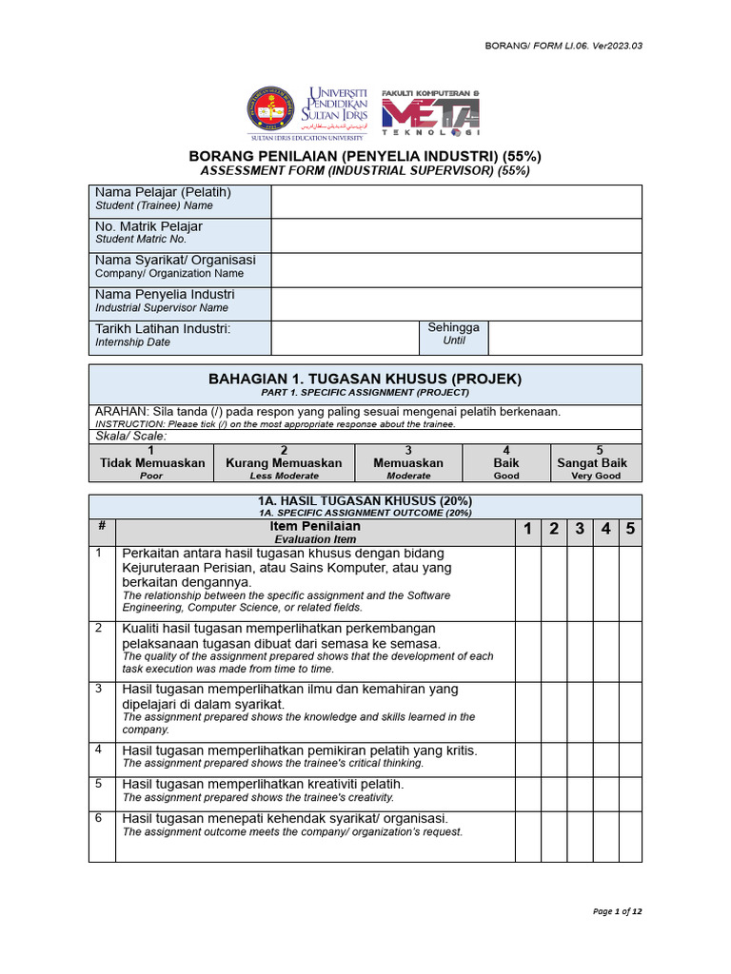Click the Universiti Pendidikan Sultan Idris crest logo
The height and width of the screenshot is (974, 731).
[x=272, y=110]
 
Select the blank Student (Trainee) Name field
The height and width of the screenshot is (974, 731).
[x=456, y=202]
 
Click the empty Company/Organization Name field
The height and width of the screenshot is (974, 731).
[x=456, y=270]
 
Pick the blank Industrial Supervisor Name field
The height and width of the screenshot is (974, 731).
[x=456, y=304]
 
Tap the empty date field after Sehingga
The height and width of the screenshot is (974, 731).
[x=564, y=338]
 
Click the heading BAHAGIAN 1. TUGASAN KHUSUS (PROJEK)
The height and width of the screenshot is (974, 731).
[x=365, y=379]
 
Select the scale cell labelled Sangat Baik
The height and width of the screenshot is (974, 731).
[x=592, y=463]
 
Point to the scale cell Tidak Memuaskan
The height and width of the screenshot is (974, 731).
[x=152, y=463]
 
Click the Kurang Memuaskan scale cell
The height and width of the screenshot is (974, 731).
[x=284, y=463]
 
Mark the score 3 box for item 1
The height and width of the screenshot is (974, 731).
[x=579, y=583]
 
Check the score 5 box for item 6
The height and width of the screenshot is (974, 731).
[x=629, y=835]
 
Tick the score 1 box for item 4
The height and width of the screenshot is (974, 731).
[x=527, y=757]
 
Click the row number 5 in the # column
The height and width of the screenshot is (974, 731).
[x=99, y=785]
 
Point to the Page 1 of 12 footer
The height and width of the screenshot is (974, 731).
[x=617, y=911]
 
